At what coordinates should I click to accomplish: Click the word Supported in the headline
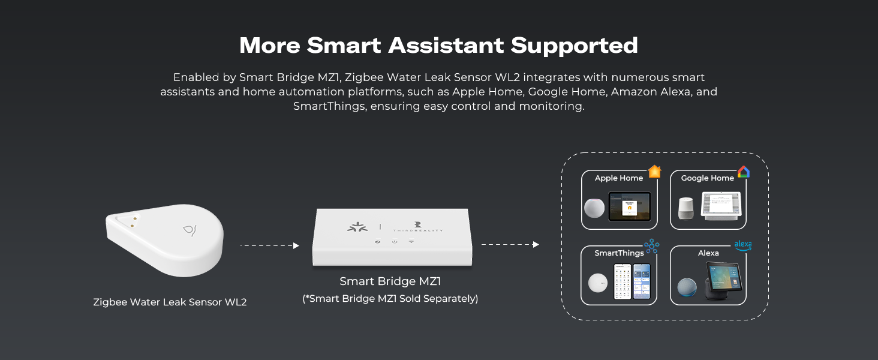click(574, 46)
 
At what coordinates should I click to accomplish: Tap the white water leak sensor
click(165, 239)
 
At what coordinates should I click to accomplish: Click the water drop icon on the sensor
click(190, 230)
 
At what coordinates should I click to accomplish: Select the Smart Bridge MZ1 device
click(392, 237)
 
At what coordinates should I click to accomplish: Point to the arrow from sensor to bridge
click(270, 245)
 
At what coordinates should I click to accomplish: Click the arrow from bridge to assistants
click(510, 244)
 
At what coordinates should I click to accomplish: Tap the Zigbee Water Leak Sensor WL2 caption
click(170, 302)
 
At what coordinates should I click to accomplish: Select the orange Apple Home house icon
click(654, 172)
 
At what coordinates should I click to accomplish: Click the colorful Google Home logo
click(744, 172)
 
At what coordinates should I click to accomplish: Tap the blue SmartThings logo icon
click(651, 246)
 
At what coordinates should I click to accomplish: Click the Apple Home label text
click(619, 178)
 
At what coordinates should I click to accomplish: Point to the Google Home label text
click(708, 178)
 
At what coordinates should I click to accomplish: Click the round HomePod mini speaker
click(594, 208)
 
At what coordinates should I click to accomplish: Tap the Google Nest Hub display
click(721, 206)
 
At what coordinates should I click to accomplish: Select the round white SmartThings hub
click(598, 283)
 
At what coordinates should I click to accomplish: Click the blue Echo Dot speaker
click(687, 287)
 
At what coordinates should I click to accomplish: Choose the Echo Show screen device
click(723, 281)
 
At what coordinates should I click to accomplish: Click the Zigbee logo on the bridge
click(357, 227)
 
